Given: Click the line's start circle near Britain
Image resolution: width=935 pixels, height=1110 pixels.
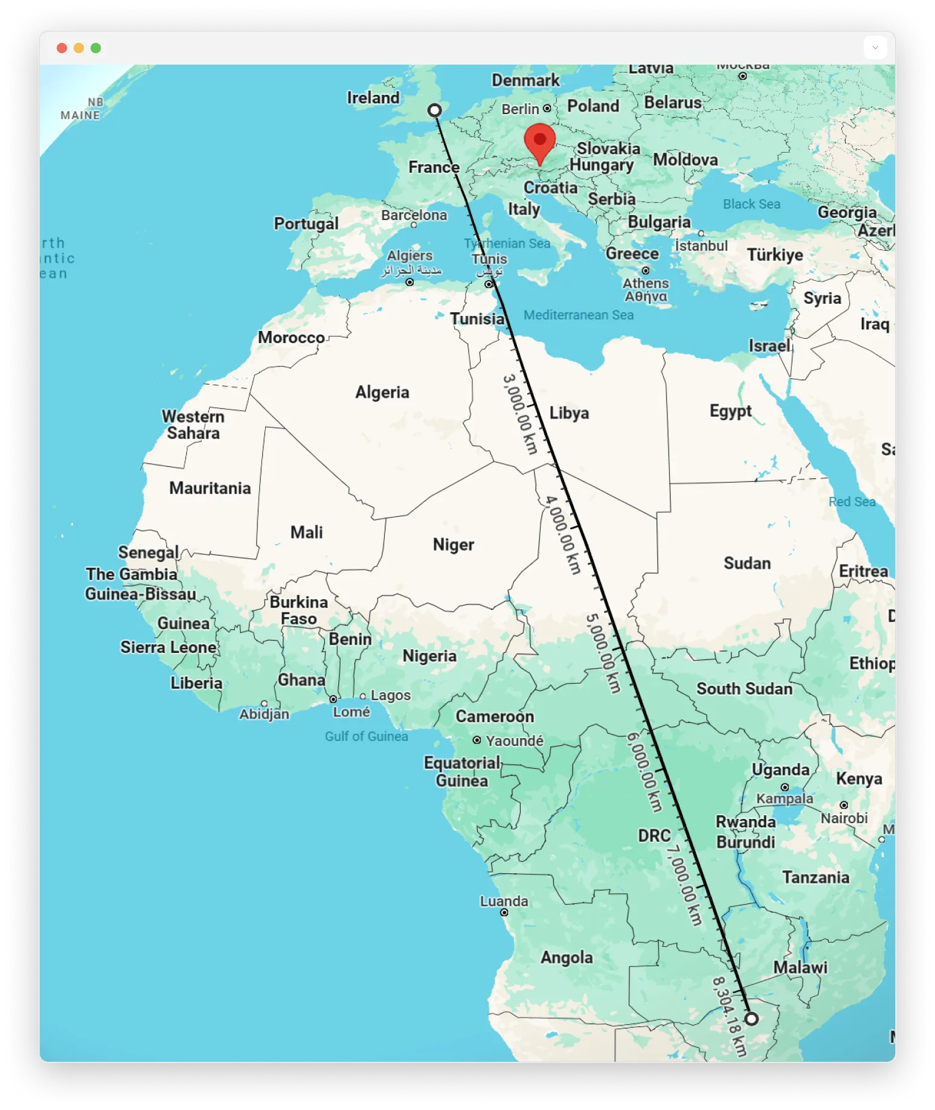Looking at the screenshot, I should (x=434, y=110).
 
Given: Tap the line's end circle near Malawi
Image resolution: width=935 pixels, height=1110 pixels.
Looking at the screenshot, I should (x=751, y=1018).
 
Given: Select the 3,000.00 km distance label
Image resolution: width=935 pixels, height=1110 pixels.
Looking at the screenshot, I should (x=520, y=414).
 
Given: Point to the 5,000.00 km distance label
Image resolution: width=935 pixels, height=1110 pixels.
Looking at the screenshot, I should (x=603, y=653).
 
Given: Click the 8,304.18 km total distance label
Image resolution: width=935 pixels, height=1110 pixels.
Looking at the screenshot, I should (x=730, y=1016).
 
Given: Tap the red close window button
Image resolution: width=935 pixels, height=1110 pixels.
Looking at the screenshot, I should (x=62, y=48).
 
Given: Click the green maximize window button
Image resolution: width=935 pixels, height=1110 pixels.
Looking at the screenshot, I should (x=95, y=48).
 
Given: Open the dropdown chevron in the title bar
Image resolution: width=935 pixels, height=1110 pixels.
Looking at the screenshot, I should (x=875, y=47).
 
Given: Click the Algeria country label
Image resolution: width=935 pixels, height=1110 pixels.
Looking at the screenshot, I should (x=382, y=392).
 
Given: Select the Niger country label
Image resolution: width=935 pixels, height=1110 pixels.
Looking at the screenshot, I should (x=453, y=544).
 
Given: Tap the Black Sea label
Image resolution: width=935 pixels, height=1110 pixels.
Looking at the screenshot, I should (x=751, y=204).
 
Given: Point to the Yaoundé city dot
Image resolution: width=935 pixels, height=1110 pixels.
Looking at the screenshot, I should (x=477, y=740).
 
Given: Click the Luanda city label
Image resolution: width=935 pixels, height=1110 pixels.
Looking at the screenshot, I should (x=504, y=901).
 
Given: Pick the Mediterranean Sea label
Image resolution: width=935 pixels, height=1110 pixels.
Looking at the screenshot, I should (x=578, y=315).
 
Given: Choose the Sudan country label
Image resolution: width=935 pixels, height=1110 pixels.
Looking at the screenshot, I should (x=747, y=563).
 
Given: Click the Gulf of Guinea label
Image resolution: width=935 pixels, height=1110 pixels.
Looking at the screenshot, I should (x=366, y=736).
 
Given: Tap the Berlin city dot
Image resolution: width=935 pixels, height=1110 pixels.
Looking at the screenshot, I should (x=547, y=108).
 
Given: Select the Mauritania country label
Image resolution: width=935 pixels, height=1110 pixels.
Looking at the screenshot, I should (x=210, y=488).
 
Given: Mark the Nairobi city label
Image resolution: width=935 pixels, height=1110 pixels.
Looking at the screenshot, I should (x=844, y=818).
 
